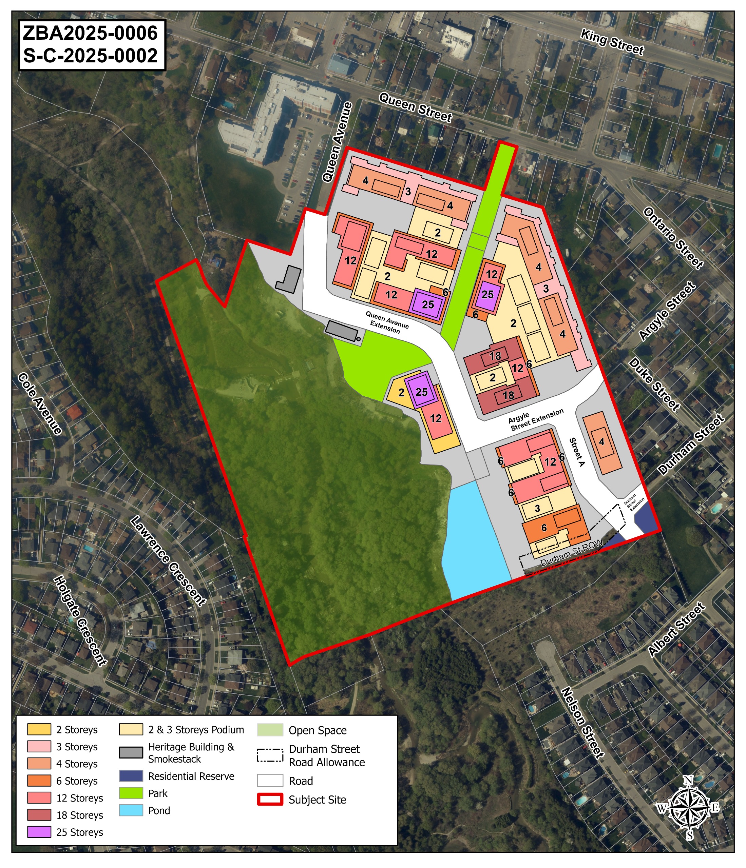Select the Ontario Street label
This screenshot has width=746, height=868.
tap(673, 238)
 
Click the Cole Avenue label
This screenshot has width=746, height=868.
tap(40, 404)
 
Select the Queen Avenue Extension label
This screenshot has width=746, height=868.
tap(386, 322)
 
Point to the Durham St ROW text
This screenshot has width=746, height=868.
tap(571, 553)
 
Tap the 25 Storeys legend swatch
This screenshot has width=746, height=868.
tap(39, 832)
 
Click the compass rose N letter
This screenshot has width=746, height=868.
tap(688, 780)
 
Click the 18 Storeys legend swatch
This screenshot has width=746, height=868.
tap(39, 815)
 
